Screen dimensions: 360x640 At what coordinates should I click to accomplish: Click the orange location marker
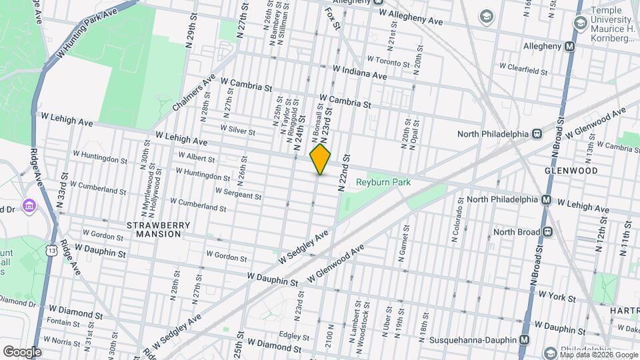[321, 159]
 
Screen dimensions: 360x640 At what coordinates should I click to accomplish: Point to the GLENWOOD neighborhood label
[571, 171]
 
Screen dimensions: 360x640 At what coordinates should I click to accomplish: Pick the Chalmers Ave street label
[194, 93]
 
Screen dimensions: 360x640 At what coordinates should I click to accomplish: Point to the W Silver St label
[237, 130]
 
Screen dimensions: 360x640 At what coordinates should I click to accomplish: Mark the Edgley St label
[291, 335]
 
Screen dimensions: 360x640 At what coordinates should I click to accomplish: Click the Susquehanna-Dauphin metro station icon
[525, 339]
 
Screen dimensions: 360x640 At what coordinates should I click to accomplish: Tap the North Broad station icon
[548, 232]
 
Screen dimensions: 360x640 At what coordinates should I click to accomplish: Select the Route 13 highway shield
[51, 250]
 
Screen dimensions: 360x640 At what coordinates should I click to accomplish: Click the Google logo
[22, 351]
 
